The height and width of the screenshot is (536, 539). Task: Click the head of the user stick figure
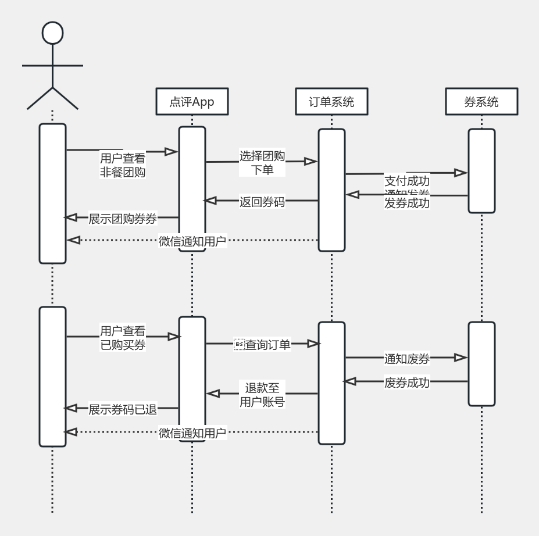52,33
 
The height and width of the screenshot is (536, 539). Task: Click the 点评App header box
192,102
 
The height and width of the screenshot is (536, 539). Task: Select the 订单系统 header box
331,102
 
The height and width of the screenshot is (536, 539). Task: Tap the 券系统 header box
481,102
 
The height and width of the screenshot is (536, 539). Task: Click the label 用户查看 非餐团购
123,165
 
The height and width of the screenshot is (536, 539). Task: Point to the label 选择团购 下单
262,162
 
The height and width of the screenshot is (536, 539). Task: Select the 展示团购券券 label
123,219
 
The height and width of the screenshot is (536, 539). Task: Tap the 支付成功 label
407,181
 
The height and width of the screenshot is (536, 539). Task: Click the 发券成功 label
407,203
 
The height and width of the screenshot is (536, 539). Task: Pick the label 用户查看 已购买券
123,338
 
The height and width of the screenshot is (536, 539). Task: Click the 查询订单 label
267,345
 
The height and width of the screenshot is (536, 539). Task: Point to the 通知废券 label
407,359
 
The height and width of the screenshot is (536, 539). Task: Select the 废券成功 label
407,383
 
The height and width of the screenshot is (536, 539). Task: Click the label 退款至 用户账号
262,394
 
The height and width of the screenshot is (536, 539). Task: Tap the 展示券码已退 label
123,409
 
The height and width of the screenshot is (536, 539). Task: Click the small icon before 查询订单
239,344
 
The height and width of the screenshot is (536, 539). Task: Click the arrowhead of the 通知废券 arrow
461,358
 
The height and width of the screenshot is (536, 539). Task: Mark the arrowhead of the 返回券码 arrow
210,201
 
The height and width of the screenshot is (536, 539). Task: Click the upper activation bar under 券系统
481,170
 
